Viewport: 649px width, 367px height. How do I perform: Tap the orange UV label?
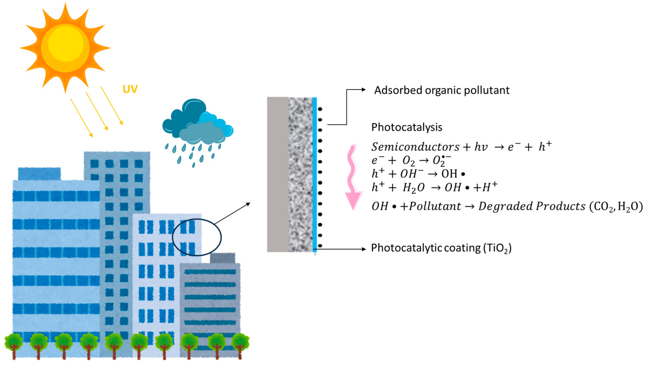[130, 89]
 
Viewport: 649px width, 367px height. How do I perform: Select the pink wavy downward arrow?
[353, 176]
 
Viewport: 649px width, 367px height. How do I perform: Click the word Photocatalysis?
[407, 127]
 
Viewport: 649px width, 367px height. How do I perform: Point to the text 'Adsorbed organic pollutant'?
[442, 90]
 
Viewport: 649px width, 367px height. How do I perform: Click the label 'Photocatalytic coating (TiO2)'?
[441, 248]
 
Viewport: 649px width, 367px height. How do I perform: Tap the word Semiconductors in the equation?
[415, 147]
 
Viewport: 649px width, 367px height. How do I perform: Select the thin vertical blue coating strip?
[314, 174]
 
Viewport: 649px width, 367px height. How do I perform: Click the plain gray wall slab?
[278, 174]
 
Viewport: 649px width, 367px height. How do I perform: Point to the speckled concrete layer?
[300, 174]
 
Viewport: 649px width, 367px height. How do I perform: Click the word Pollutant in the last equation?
[435, 206]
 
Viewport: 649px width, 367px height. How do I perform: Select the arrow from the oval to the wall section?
[232, 213]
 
